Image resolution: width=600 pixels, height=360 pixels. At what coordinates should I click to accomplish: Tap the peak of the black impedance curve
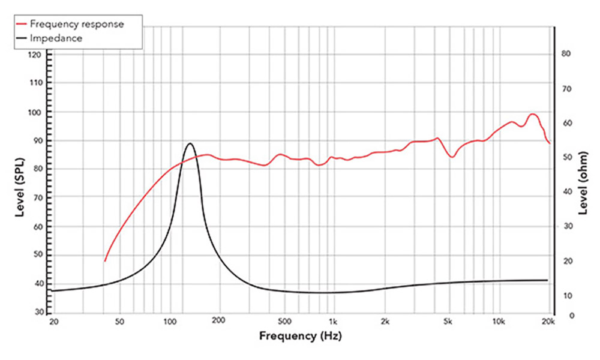[x=190, y=143]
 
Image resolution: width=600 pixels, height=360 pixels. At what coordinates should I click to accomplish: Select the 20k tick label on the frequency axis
[x=548, y=322]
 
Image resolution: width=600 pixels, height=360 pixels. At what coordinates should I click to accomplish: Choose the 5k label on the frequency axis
[x=448, y=322]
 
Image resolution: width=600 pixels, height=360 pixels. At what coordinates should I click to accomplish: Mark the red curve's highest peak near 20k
[x=532, y=114]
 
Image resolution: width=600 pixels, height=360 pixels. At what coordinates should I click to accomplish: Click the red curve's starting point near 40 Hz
[x=105, y=261]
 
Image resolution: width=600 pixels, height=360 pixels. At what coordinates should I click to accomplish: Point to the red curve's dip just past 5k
[x=452, y=157]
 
